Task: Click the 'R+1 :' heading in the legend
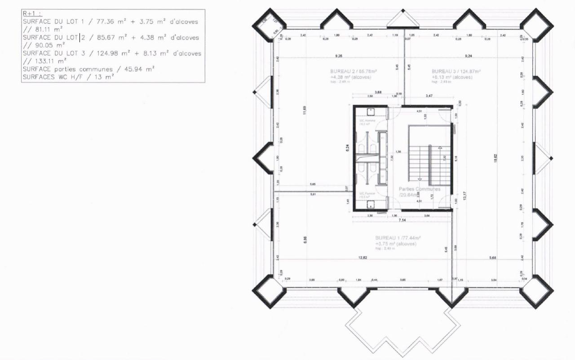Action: click(x=30, y=14)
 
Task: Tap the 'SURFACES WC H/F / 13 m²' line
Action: click(x=68, y=77)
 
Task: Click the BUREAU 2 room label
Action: click(x=354, y=71)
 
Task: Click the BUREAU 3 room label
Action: click(x=456, y=71)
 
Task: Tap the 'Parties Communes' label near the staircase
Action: click(x=420, y=189)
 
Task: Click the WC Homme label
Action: click(x=367, y=120)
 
